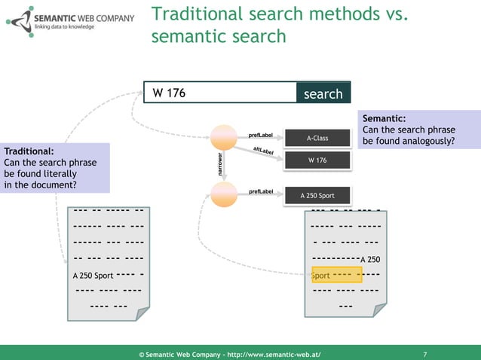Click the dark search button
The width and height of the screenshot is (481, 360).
[x=323, y=93]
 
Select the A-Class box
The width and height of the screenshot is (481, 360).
[x=317, y=139]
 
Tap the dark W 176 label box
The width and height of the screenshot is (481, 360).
[x=317, y=160]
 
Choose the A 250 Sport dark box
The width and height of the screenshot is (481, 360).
[x=317, y=196]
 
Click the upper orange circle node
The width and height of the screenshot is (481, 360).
[x=224, y=137]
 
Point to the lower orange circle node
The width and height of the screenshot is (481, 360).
[x=224, y=194]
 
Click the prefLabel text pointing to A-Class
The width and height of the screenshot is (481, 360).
[x=260, y=136]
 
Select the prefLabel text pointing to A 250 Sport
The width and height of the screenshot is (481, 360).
[x=260, y=192]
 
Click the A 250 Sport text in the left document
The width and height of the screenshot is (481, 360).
[x=93, y=276]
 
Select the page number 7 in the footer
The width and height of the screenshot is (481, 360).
[x=426, y=352]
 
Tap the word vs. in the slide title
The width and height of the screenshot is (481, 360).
[x=397, y=14]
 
